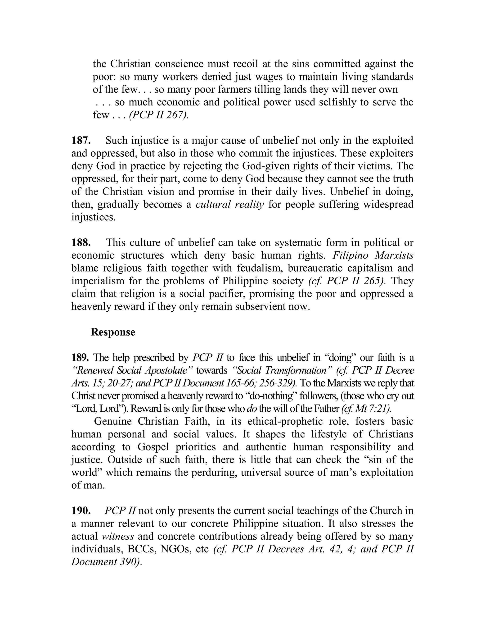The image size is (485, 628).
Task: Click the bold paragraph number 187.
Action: [x=81, y=141]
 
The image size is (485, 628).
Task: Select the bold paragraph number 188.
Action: [x=81, y=243]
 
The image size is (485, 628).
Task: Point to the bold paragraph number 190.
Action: [x=81, y=511]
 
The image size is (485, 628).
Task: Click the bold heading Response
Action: [x=113, y=332]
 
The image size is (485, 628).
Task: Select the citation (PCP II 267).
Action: [x=159, y=115]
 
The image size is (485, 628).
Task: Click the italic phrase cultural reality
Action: [x=229, y=205]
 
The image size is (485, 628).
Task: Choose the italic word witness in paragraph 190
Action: [x=118, y=537]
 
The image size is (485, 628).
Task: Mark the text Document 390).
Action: [x=107, y=562]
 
